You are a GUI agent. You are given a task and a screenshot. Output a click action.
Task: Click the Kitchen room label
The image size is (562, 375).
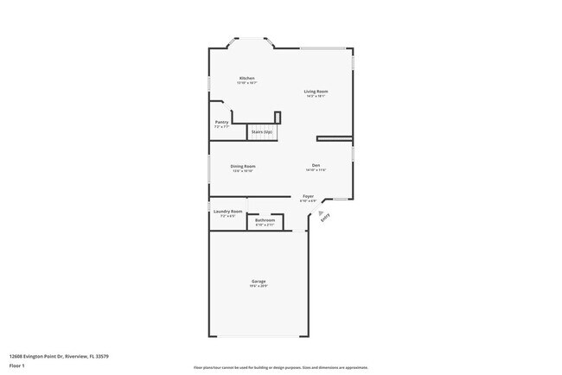tap(247, 78)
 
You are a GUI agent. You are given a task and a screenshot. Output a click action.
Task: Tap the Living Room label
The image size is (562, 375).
tap(316, 91)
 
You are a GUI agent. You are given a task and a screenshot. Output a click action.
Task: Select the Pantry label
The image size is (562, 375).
tap(222, 122)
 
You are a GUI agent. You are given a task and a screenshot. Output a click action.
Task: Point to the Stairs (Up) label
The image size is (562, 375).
tap(261, 132)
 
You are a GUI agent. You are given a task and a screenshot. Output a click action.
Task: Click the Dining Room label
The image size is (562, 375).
tap(243, 166)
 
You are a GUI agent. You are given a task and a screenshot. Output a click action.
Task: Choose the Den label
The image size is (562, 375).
tap(316, 165)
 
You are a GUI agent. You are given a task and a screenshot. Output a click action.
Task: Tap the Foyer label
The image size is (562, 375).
tap(308, 196)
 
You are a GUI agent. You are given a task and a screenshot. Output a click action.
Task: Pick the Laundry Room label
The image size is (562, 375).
tap(228, 211)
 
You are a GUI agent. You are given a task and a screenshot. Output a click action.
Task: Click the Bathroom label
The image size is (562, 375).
tap(265, 220)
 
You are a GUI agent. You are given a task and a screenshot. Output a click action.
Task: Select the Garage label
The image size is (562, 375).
tap(259, 282)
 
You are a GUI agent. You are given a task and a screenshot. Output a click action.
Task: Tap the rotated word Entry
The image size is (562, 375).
tap(326, 219)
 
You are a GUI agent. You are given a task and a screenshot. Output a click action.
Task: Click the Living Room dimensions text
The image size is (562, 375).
tap(316, 96)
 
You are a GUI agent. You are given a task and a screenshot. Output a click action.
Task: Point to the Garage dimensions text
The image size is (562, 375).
tap(259, 287)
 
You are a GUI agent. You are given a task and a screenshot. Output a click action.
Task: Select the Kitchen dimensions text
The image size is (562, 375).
tap(247, 83)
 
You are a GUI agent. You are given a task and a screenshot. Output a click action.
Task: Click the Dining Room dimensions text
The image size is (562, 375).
tap(243, 171)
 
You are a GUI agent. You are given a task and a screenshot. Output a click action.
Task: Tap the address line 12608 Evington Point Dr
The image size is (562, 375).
tap(58, 356)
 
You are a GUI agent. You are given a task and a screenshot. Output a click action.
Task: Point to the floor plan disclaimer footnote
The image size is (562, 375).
tap(281, 367)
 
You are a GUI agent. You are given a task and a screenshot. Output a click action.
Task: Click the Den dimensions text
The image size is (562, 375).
tap(316, 170)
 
